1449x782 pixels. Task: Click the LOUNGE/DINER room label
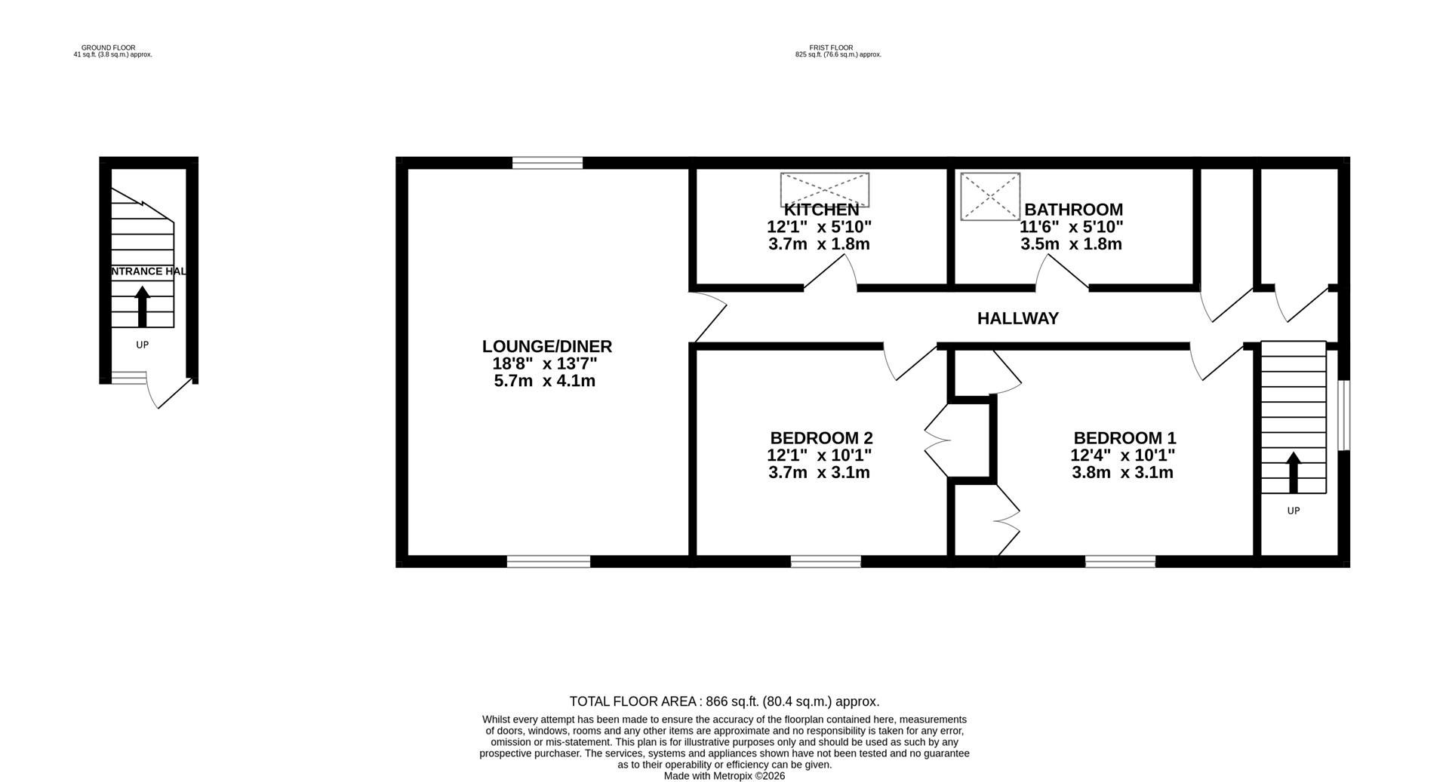[x=546, y=346]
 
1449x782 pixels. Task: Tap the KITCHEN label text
[x=821, y=210]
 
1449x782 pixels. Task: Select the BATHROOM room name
[x=1073, y=210]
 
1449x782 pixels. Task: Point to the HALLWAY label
[x=1017, y=318]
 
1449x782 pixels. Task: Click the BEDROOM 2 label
[x=821, y=438]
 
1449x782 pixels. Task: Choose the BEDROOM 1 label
[x=1124, y=438]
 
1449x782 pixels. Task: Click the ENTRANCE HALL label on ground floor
[x=146, y=271]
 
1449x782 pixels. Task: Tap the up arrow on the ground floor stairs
[x=142, y=306]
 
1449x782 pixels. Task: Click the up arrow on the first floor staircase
[x=1294, y=471]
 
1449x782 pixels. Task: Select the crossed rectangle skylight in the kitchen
[x=824, y=189]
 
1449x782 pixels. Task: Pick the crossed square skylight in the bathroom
[x=990, y=196]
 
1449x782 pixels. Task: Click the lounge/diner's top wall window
[x=547, y=162]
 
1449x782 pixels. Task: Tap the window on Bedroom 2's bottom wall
[x=826, y=561]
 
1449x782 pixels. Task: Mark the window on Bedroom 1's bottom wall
[x=1120, y=561]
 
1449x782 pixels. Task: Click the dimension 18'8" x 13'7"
[x=545, y=363]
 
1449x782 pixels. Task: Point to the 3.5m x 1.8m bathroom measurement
[x=1071, y=244]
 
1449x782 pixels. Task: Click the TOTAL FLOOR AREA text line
[x=724, y=701]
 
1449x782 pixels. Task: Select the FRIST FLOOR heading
[x=831, y=48]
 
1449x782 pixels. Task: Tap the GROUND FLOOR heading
[x=109, y=48]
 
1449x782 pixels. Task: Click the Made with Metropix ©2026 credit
[x=724, y=776]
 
